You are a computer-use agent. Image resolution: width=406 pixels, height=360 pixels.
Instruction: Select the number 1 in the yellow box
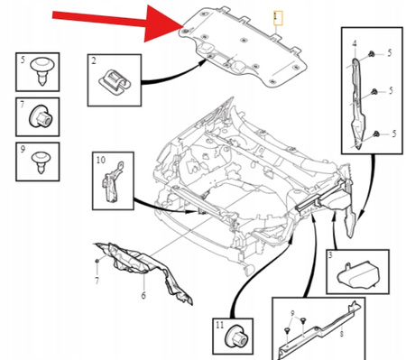278,18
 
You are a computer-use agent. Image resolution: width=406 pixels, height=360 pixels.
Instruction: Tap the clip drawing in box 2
115,80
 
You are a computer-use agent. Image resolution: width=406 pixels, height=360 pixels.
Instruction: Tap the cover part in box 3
358,273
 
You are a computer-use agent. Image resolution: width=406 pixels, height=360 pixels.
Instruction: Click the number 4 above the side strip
355,43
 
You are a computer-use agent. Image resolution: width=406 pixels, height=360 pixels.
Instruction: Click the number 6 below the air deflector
143,295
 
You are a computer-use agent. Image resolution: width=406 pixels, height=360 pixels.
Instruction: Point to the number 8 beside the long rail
341,334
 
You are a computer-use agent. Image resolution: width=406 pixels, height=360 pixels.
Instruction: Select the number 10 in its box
101,160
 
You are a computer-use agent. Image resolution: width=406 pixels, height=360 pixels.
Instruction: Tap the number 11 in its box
220,325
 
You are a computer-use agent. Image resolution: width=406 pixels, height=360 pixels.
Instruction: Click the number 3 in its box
330,255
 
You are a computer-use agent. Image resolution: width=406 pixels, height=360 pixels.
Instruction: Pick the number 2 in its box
94,60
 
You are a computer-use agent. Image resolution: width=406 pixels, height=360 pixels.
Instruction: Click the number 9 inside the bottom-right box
292,313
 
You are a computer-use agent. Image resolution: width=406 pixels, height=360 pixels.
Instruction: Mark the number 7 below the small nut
97,281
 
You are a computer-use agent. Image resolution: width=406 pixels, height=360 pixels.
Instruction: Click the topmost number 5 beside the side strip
390,53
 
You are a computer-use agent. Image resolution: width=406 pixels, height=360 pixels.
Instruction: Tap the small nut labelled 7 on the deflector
97,261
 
